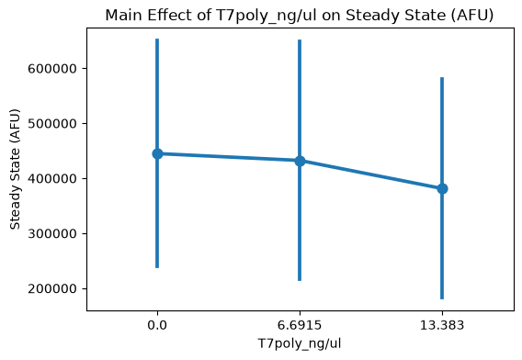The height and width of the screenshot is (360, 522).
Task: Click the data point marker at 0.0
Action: (157, 153)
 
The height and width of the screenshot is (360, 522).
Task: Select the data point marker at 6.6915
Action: (300, 161)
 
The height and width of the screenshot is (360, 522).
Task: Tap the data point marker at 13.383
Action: (442, 188)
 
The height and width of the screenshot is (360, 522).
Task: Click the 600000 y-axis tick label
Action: (52, 69)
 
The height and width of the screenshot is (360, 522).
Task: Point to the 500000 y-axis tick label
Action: (52, 123)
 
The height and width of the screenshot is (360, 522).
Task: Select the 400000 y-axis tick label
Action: (52, 179)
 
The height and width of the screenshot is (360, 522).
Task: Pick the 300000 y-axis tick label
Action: (52, 233)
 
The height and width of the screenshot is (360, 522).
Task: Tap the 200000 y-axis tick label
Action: (52, 288)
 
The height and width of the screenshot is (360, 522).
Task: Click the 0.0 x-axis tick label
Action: (157, 325)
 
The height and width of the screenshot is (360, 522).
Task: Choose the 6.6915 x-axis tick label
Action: (300, 325)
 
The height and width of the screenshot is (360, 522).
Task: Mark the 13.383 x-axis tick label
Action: (442, 325)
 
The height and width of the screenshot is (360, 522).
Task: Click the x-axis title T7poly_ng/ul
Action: (300, 343)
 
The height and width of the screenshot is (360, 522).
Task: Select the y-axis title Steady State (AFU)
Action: (15, 169)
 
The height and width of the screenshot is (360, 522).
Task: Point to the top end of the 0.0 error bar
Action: (157, 39)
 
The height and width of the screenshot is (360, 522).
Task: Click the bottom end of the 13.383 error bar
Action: (442, 298)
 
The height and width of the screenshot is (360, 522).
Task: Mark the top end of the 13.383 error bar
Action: (442, 77)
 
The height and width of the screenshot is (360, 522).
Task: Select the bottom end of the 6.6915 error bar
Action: (300, 280)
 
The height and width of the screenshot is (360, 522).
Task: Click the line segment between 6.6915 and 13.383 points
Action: (371, 175)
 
